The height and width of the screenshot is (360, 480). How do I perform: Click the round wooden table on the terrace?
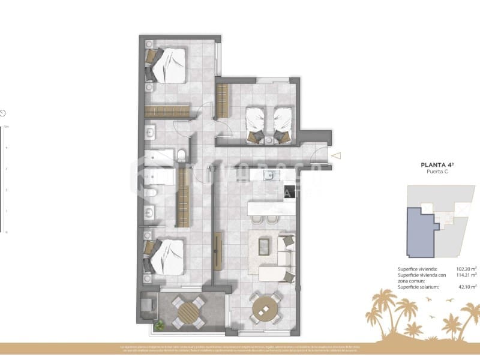coord(188,312)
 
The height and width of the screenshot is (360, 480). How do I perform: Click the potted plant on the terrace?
coord(160,325)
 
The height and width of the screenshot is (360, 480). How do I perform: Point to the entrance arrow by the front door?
coord(337,156)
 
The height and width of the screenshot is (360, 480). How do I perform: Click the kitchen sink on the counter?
coord(271,175)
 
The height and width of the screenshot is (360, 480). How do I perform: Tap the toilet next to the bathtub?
coord(181,157)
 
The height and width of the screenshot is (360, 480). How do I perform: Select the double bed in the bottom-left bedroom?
coord(167,256)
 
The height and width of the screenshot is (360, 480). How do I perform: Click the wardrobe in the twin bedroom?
coord(223,101)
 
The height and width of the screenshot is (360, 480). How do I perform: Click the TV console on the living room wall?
coord(217,251)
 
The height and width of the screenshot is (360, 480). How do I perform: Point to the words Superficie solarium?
coord(418,287)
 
